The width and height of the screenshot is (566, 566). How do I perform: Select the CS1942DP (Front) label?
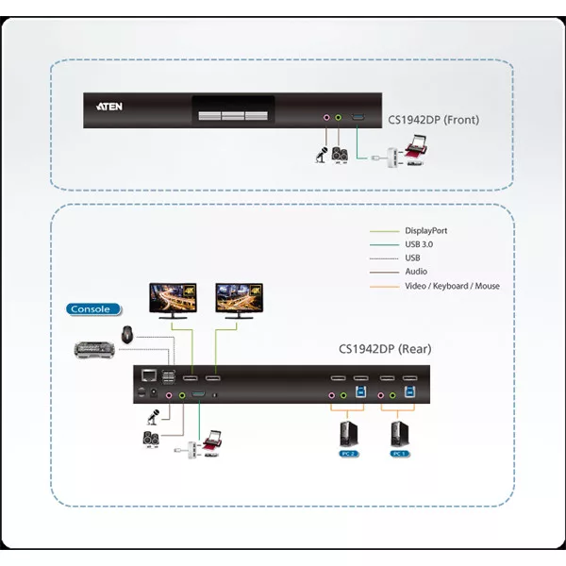[433, 120]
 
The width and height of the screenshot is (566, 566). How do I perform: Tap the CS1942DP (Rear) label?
[385, 349]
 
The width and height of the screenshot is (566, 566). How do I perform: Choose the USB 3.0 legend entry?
[419, 244]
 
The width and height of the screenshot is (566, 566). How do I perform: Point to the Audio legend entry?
[416, 272]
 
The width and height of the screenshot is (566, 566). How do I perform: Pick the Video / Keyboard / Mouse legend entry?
[452, 286]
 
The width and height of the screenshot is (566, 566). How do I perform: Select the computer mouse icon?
[128, 332]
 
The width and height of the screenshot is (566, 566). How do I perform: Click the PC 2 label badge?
[347, 454]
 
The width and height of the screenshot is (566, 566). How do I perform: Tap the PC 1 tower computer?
[400, 433]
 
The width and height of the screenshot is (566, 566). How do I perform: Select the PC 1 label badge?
[400, 454]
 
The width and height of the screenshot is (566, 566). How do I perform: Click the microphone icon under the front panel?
[321, 153]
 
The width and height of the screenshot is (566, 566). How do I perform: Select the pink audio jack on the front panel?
[326, 119]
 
